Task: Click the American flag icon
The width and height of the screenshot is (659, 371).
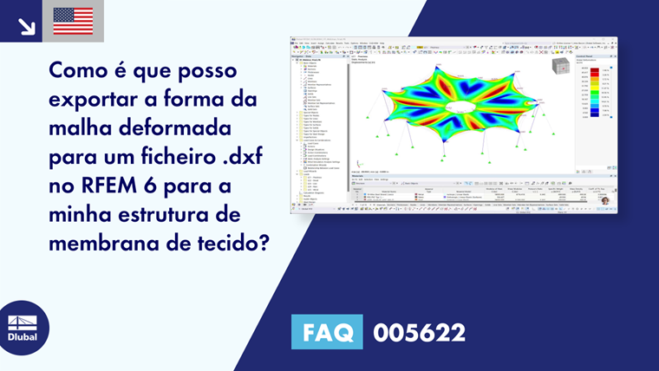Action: (73, 21)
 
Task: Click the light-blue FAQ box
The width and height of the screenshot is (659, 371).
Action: (326, 331)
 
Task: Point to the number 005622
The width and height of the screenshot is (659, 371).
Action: (419, 331)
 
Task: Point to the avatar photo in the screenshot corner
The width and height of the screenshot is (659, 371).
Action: (604, 200)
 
